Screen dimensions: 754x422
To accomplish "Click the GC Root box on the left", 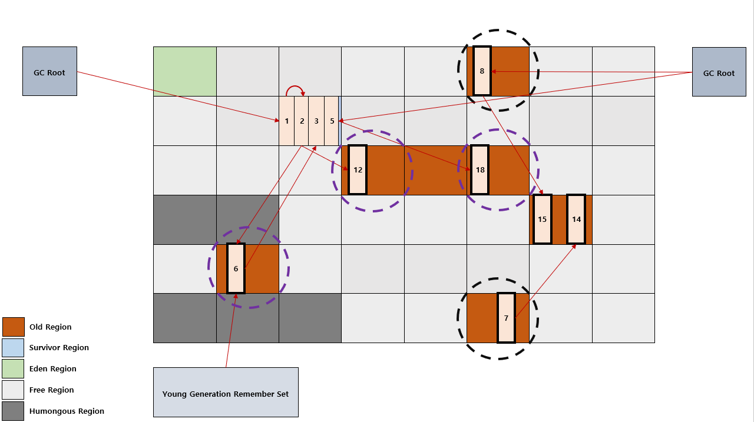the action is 49,71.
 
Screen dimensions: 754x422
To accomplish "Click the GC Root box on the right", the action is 719,72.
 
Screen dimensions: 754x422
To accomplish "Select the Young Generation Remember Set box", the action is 226,392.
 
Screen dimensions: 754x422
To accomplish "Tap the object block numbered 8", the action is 482,71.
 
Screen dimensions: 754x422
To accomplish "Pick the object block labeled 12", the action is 358,170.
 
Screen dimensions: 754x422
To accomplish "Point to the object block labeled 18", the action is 479,170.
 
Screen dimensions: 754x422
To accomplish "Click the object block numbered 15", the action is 543,219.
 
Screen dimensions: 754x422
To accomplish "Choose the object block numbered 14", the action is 576,219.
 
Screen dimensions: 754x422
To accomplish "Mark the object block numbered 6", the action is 236,268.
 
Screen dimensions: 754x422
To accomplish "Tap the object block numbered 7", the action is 506,318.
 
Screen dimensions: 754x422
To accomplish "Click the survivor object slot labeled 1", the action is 287,121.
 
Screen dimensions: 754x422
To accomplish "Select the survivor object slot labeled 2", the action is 302,121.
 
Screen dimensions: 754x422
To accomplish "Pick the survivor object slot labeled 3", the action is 316,121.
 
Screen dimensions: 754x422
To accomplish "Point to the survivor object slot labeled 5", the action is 332,121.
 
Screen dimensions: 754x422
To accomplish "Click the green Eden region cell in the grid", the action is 185,71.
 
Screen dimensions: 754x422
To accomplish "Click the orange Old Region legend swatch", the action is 14,327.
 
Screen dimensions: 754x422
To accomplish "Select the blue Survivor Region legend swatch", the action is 13,348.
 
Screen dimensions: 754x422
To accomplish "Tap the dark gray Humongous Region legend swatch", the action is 13,411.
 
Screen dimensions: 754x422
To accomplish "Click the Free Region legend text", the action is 51,390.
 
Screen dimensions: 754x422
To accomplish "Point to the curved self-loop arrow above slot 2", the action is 295,87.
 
